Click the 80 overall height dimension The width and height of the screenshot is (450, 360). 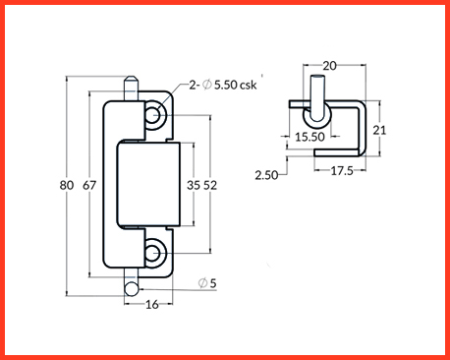(x=67, y=185)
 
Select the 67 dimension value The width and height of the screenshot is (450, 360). (x=89, y=185)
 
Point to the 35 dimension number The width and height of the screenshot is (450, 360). (x=194, y=185)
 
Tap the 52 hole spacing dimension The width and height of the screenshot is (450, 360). (x=210, y=185)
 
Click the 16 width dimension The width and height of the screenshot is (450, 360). (x=152, y=305)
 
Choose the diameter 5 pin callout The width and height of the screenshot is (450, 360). (x=207, y=283)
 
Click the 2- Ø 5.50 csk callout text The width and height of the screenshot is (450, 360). (x=223, y=85)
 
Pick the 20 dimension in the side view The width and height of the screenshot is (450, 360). (x=329, y=66)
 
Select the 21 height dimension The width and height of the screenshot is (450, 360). (x=379, y=130)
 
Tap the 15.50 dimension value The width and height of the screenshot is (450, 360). (x=309, y=137)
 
